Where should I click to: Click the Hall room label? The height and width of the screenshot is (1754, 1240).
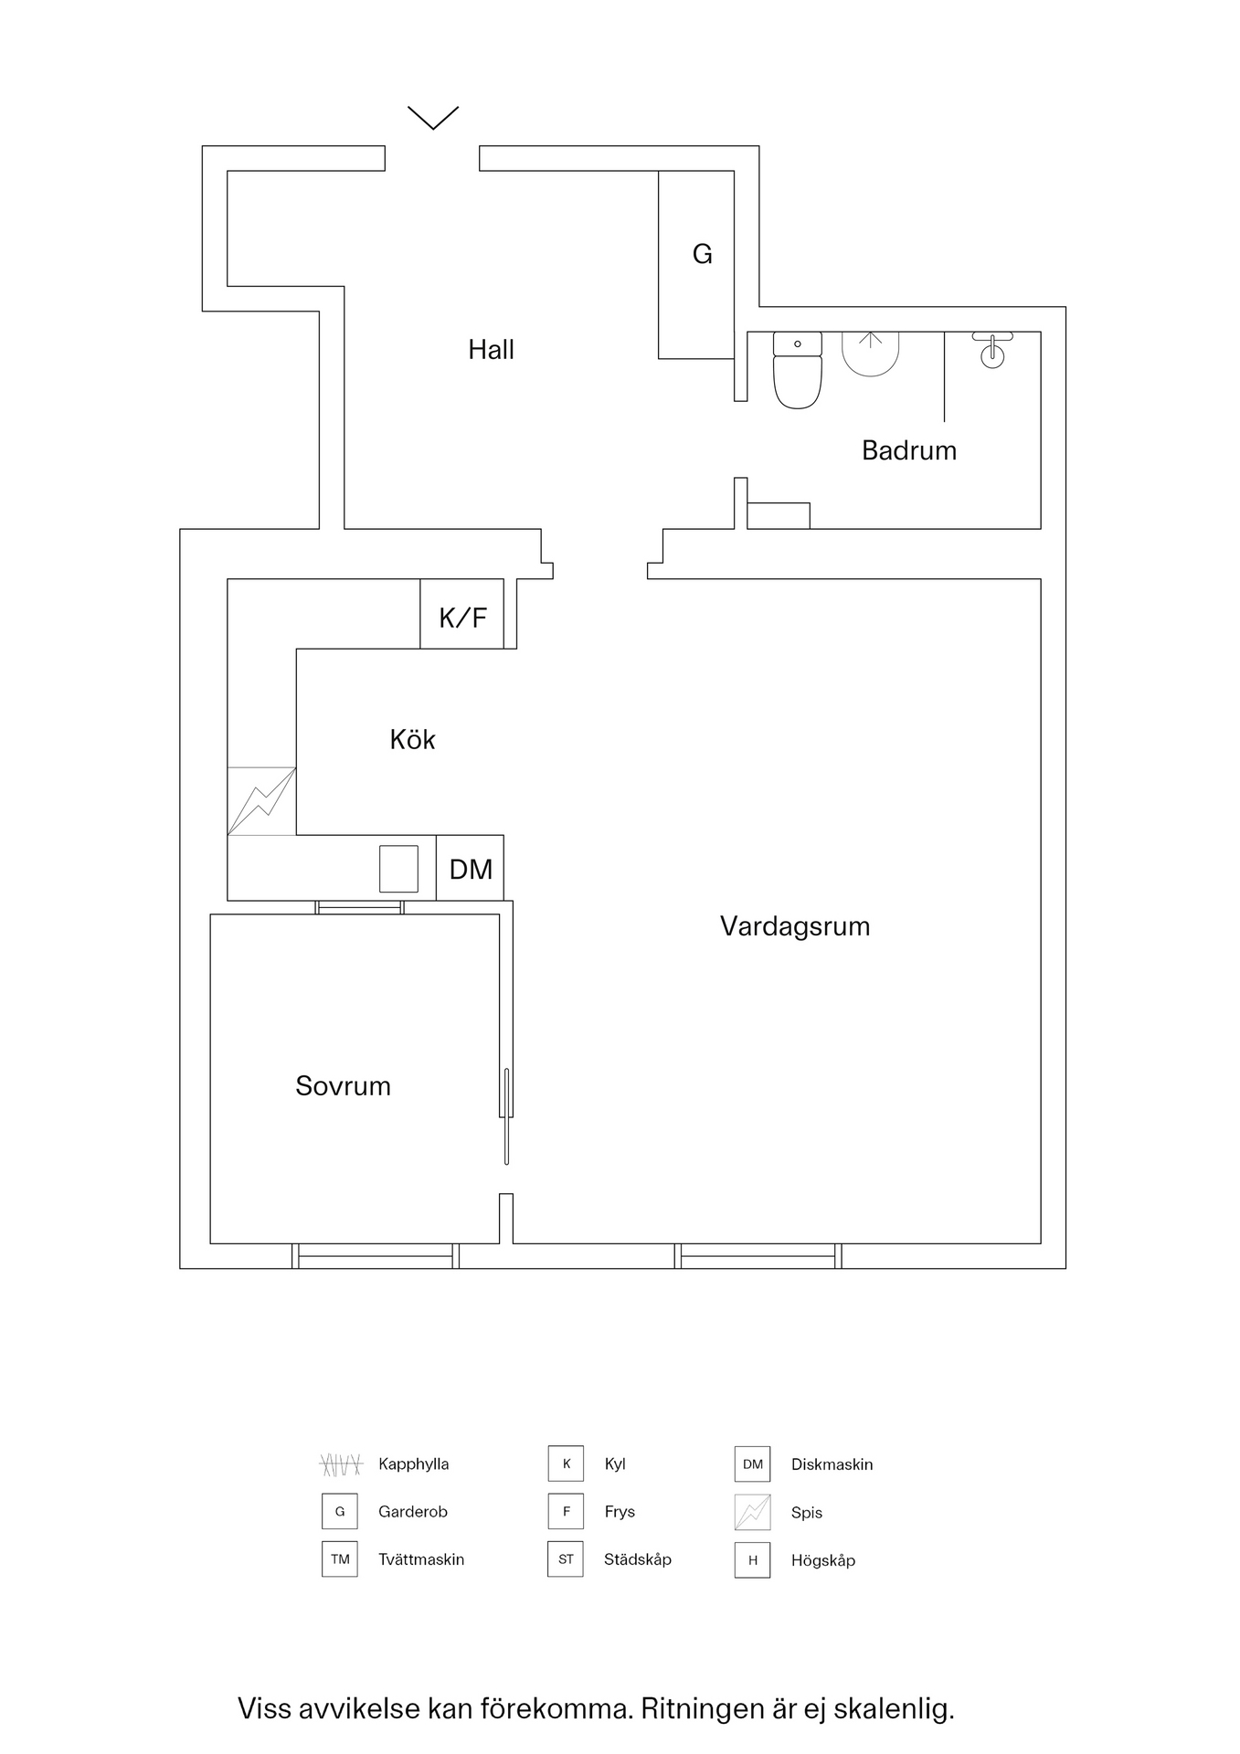[491, 349]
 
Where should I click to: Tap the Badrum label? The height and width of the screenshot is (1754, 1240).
[908, 450]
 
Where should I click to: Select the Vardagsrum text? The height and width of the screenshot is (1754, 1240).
[794, 926]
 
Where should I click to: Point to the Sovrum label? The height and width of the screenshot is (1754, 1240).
[343, 1085]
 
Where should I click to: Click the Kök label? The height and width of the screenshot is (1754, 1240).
[412, 739]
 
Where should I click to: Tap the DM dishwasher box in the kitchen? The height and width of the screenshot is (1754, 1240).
[470, 868]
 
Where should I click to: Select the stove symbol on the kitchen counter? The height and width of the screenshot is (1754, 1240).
[261, 801]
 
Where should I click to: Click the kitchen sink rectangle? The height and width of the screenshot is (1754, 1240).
[398, 868]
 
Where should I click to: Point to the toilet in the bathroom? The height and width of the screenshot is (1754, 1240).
[797, 370]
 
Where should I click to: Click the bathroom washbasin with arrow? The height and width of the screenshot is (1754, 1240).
[870, 352]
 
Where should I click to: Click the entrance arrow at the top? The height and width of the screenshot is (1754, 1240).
[432, 117]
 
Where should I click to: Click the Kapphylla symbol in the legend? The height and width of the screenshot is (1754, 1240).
[341, 1464]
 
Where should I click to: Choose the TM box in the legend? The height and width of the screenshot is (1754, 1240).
[340, 1559]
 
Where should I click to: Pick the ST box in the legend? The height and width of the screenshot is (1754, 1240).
[566, 1559]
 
